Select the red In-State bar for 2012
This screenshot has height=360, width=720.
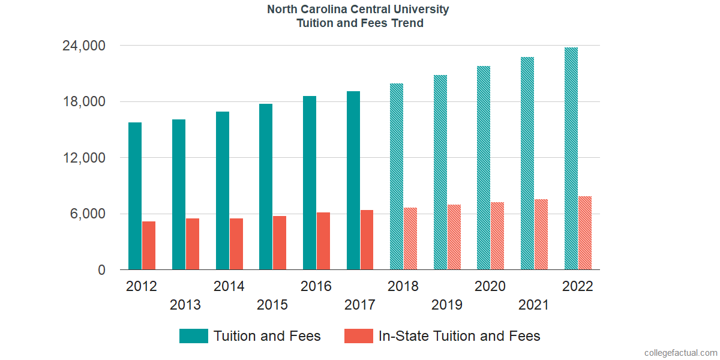pos(149,245)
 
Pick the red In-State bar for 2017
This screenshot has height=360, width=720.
pos(367,240)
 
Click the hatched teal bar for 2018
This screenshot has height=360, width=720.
pos(396,176)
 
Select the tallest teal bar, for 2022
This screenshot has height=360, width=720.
pos(571,158)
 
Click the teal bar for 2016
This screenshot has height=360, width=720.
pos(310,183)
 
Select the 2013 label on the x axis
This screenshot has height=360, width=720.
pos(185,305)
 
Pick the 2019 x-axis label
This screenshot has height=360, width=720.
pos(447,305)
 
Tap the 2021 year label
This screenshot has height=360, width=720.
pos(534,305)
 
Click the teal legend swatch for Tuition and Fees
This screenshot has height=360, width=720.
pos(193,336)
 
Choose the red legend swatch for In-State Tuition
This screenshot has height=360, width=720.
pos(358,336)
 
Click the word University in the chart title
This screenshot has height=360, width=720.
pos(422,10)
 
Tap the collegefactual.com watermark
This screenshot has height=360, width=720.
pos(680,353)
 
